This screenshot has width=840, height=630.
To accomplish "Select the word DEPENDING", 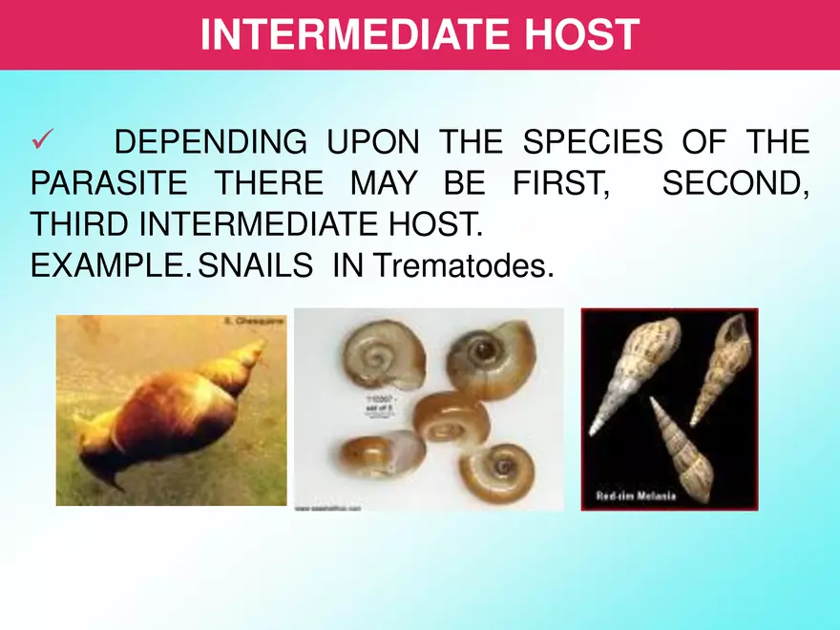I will click(x=210, y=143).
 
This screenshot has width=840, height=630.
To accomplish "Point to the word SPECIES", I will click(x=593, y=143).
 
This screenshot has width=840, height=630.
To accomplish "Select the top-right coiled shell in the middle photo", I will click(x=490, y=358).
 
